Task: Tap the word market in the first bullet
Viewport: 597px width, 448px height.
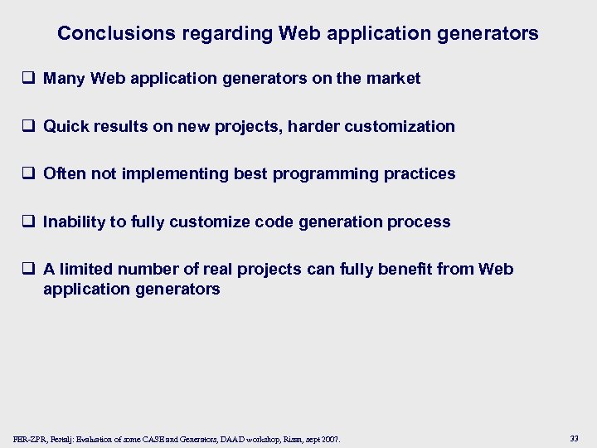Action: [395, 79]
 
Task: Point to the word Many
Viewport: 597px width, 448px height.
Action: [65, 79]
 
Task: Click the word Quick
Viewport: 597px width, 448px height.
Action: [66, 127]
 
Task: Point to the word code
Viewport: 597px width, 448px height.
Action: [274, 222]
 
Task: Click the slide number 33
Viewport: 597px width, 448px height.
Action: [574, 437]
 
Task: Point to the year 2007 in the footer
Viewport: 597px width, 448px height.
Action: [329, 438]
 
